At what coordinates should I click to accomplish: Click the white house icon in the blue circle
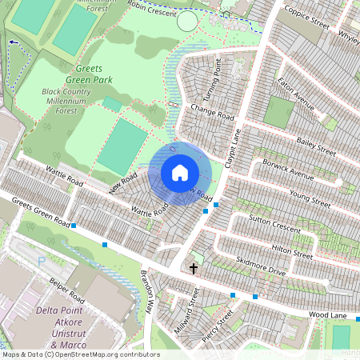click(x=180, y=172)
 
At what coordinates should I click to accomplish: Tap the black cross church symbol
click(x=193, y=268)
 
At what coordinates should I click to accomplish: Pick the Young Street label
click(x=310, y=198)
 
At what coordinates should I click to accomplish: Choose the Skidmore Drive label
click(x=261, y=266)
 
